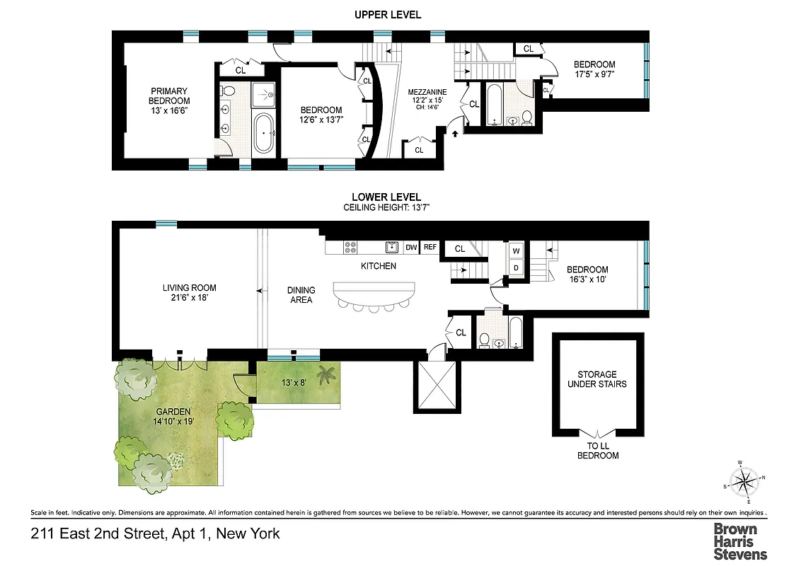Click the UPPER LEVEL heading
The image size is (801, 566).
[x=387, y=15]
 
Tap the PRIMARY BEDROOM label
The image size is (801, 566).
[x=168, y=100]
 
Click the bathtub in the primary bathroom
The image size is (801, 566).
[x=265, y=133]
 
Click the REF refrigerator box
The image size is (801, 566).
[x=430, y=248]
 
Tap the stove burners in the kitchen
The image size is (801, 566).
[x=351, y=247]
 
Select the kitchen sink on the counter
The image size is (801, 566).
[x=391, y=247]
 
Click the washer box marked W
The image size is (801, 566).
[x=515, y=250]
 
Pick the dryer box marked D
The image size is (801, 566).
[x=515, y=267]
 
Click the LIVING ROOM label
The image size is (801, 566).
[x=189, y=293]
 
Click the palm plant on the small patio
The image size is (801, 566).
[x=326, y=374]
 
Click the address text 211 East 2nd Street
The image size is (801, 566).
[x=155, y=533]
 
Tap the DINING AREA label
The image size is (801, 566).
[x=301, y=295]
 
